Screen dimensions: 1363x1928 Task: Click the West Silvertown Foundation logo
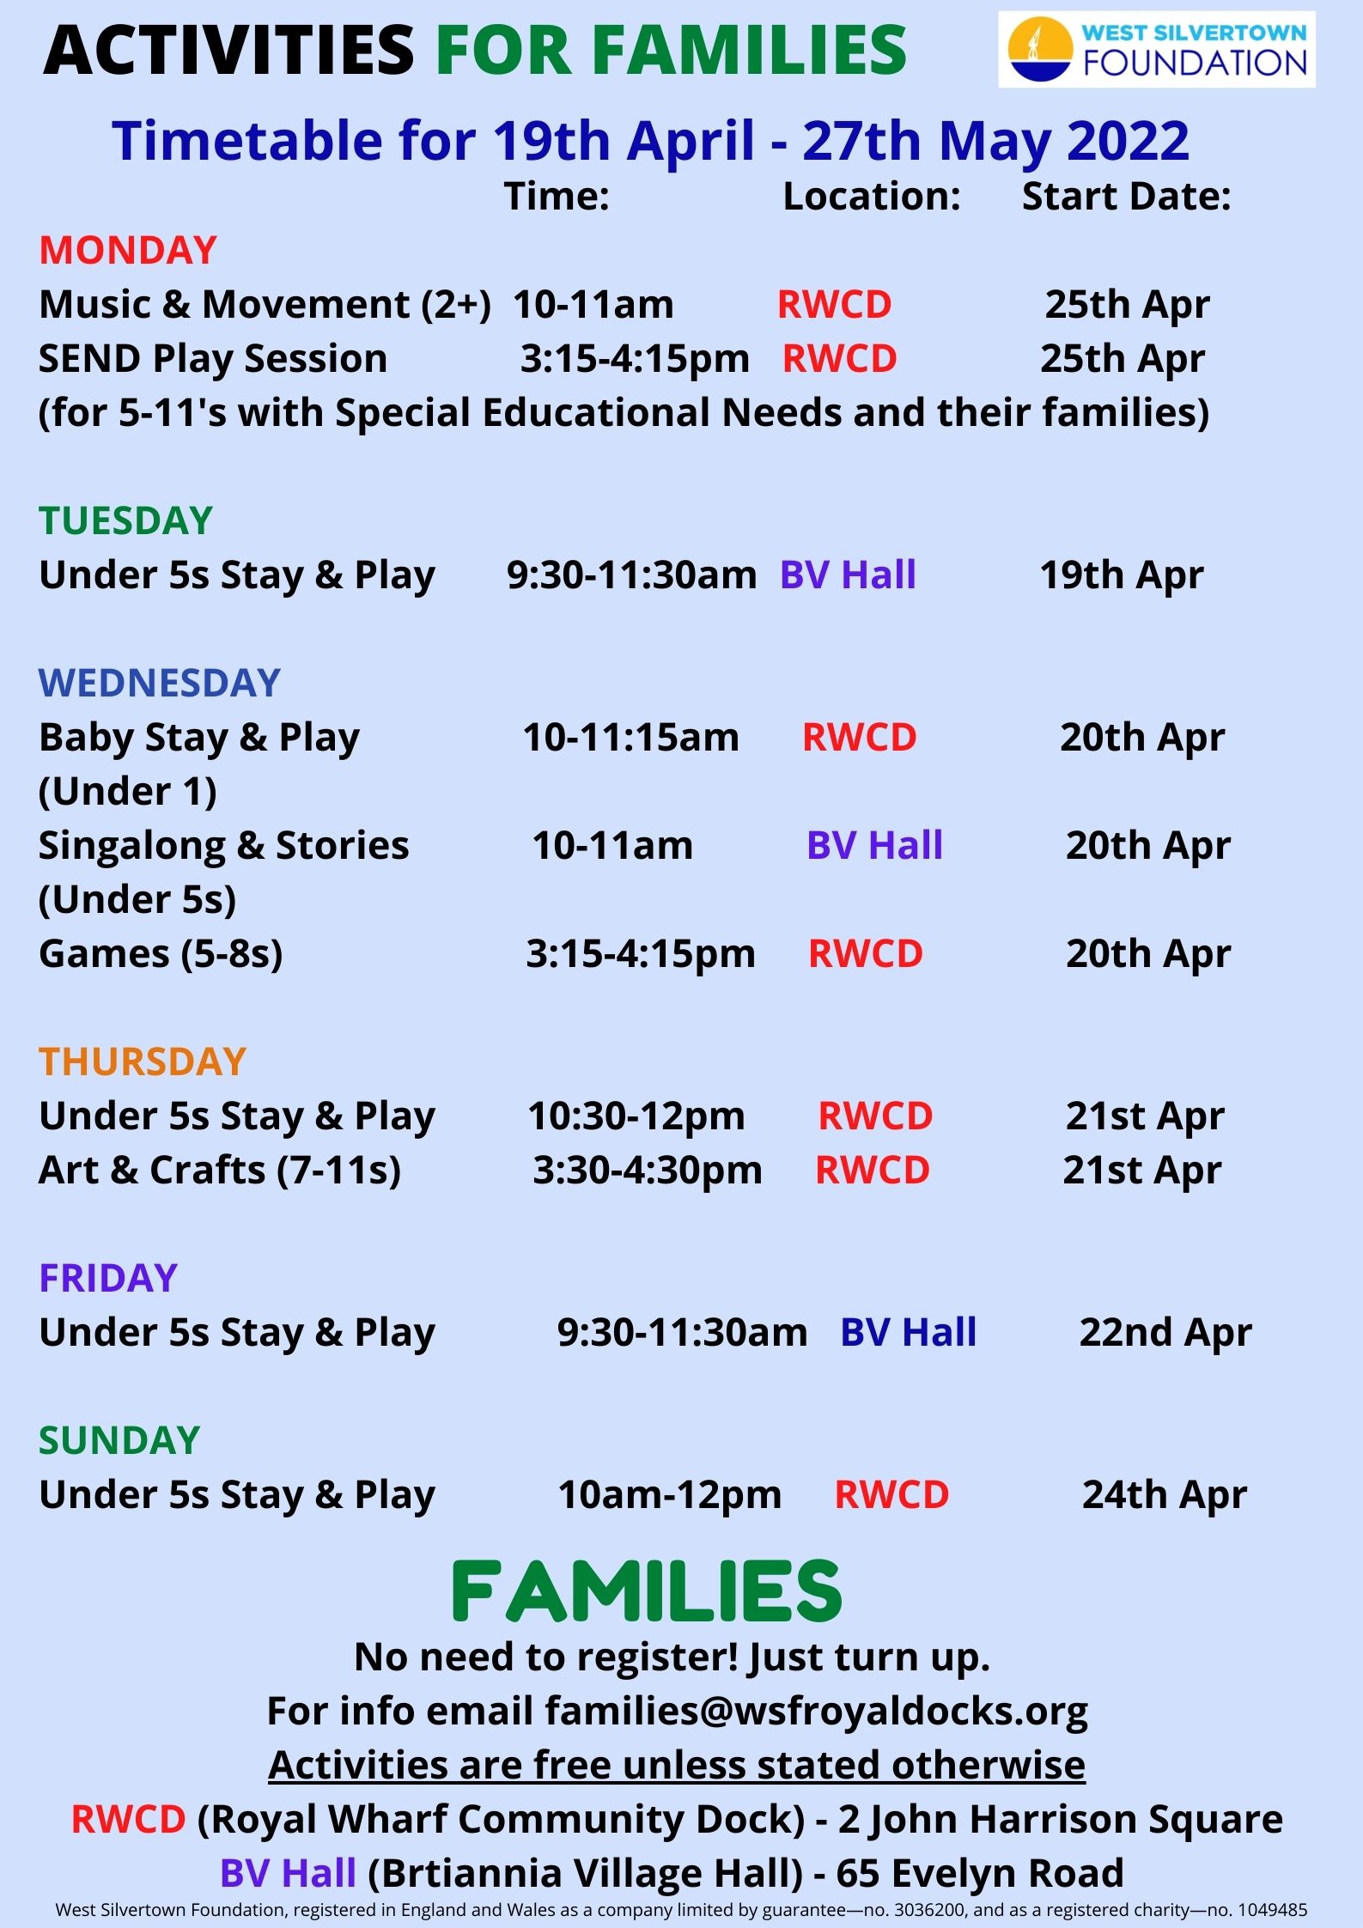[x=1156, y=49]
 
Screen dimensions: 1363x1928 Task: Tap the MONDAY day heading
[x=128, y=250]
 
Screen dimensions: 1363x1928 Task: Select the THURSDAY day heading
[x=143, y=1061]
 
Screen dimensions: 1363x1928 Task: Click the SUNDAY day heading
[x=119, y=1440]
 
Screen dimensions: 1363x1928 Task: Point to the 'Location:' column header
[x=872, y=196]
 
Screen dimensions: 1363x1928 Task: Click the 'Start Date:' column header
[x=1126, y=196]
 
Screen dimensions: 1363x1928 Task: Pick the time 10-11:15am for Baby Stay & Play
[x=631, y=737]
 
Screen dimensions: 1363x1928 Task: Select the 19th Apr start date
[x=1122, y=575]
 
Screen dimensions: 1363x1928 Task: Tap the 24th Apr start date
[x=1165, y=1494]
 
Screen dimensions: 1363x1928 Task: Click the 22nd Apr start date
[x=1165, y=1332]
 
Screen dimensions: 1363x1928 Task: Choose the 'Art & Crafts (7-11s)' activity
[x=220, y=1170]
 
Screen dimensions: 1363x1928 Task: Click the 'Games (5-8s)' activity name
[x=161, y=953]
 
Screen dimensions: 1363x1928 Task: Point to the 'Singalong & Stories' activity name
[x=224, y=846]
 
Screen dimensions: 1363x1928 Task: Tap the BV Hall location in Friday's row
[x=909, y=1332]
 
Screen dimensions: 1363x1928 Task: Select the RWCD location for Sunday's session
[x=891, y=1494]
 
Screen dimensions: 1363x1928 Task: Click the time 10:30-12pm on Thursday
[x=636, y=1116]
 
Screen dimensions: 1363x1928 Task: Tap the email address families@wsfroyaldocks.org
[x=817, y=1711]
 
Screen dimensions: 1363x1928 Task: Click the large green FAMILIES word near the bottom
[x=647, y=1590]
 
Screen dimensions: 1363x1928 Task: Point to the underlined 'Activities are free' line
[x=677, y=1765]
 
